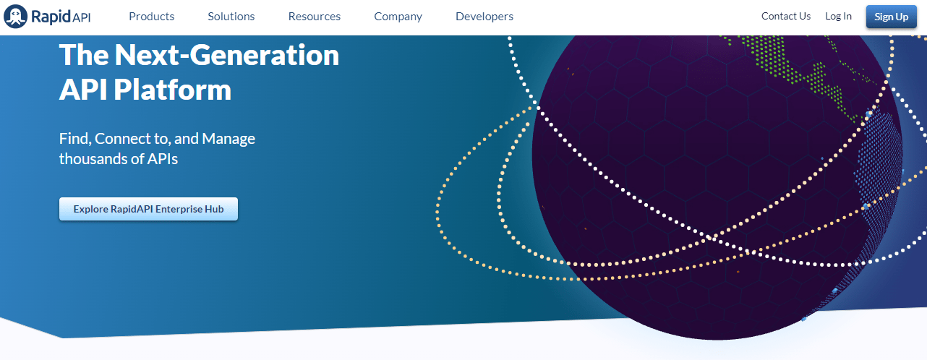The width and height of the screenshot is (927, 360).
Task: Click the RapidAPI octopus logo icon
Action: (16, 15)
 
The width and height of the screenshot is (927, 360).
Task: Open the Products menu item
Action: (151, 16)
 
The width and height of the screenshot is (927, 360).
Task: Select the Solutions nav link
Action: (231, 16)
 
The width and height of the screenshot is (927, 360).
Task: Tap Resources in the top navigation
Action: (314, 16)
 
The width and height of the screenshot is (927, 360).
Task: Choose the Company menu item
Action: (398, 16)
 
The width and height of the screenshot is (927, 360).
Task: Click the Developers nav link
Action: (484, 16)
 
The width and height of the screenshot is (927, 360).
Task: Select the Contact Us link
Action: (785, 16)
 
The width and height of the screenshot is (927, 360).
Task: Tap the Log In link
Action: (838, 16)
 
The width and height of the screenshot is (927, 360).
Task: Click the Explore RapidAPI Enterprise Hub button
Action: (148, 209)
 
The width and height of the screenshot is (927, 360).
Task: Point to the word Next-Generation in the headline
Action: (226, 55)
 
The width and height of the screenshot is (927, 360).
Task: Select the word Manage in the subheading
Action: (228, 138)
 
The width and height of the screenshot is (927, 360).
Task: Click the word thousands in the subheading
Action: (92, 158)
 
